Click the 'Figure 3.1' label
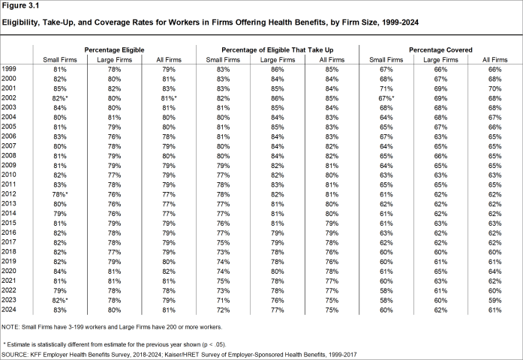(23, 7)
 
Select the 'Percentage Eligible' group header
(114, 49)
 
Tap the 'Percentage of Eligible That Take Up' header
(278, 49)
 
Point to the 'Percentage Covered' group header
(440, 49)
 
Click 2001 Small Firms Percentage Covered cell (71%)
(386, 88)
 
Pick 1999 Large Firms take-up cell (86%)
(278, 69)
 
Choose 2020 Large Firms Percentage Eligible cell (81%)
(113, 271)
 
